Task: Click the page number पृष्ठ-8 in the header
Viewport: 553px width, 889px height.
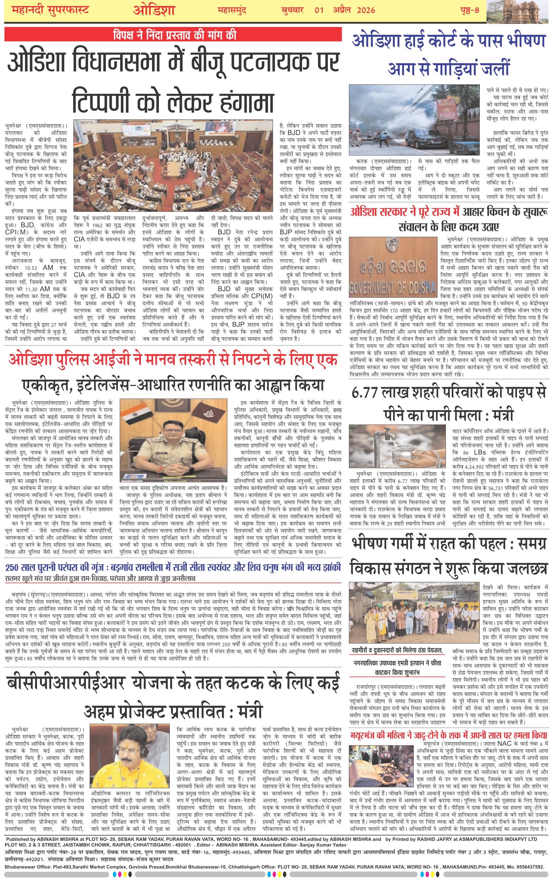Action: tap(469, 10)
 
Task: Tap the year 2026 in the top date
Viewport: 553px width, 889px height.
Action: tap(366, 10)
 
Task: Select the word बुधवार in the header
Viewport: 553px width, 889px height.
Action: tap(292, 10)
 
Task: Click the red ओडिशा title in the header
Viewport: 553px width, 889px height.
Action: tap(154, 10)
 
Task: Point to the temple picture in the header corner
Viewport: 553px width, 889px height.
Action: tap(519, 12)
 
